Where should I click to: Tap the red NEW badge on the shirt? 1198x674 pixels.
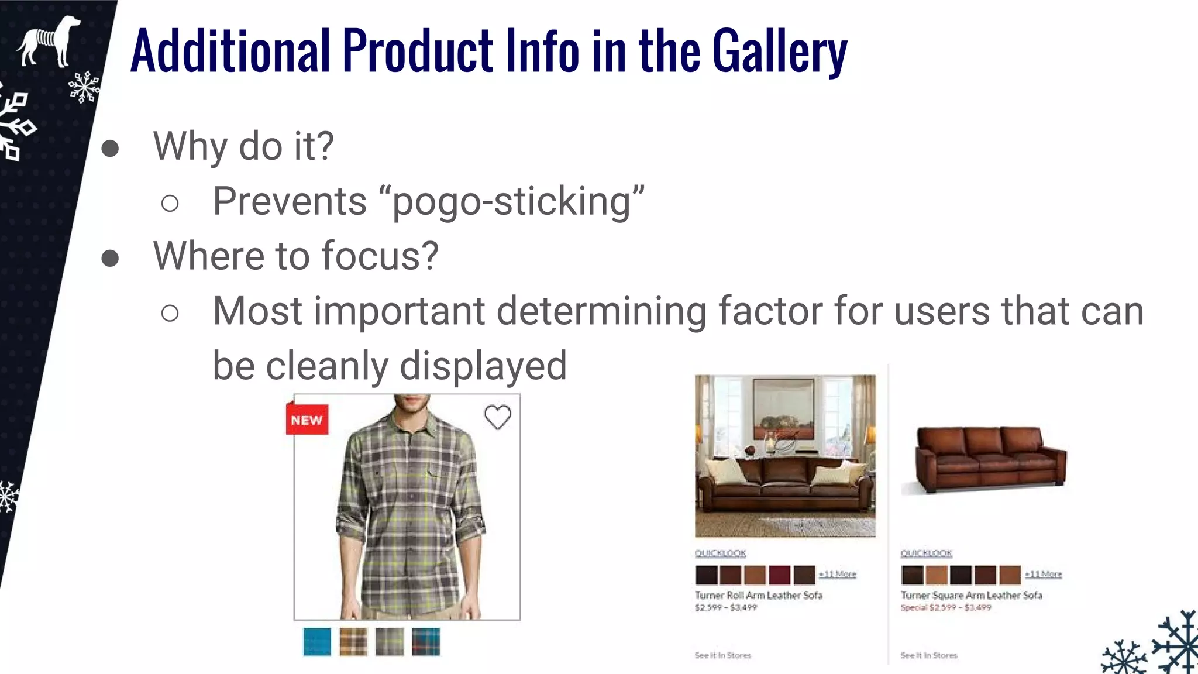tap(307, 419)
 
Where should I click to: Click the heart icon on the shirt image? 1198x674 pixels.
tap(498, 417)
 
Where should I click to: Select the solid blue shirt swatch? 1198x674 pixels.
tap(317, 642)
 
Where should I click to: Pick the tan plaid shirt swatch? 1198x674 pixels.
tap(353, 642)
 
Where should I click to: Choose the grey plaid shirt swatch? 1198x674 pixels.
tap(390, 642)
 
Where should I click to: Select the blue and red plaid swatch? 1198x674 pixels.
tap(426, 642)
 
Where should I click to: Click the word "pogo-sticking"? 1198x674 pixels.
tap(512, 201)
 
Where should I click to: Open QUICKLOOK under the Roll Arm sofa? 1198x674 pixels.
tap(720, 553)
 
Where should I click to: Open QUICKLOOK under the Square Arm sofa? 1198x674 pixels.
tap(926, 553)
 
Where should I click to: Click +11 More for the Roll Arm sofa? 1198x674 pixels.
tap(837, 574)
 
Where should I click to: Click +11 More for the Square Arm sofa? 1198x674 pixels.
tap(1043, 574)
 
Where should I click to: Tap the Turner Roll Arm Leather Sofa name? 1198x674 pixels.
tap(759, 595)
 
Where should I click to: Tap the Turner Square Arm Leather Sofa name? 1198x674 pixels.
tap(971, 595)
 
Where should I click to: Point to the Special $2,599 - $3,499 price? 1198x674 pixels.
tap(946, 607)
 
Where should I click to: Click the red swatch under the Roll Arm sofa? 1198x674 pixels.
tap(779, 575)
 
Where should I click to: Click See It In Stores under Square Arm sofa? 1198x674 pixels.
tap(928, 655)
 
